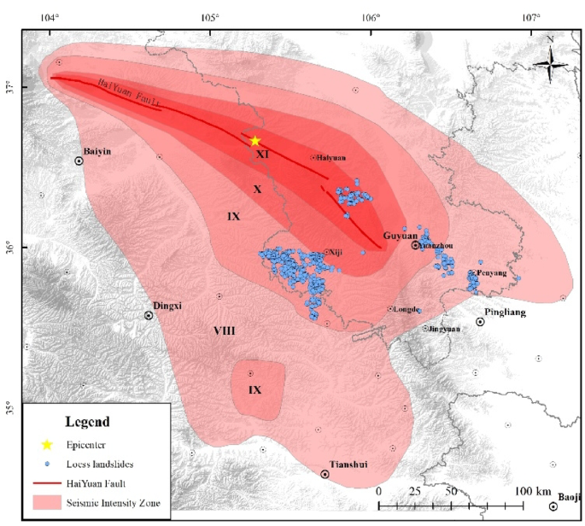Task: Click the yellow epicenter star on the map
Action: (x=254, y=141)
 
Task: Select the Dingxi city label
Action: (x=167, y=305)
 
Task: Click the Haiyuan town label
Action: (x=331, y=158)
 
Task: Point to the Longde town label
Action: (x=406, y=309)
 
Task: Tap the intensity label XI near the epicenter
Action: (x=263, y=155)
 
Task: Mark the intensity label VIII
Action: (x=225, y=330)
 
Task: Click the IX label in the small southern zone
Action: (x=254, y=390)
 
